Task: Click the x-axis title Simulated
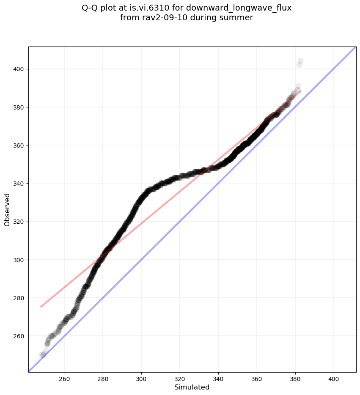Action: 192,387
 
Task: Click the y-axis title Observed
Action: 7,209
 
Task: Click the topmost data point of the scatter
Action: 300,61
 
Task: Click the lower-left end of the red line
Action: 41,307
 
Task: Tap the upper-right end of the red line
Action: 300,91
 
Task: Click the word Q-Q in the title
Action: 91,8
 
